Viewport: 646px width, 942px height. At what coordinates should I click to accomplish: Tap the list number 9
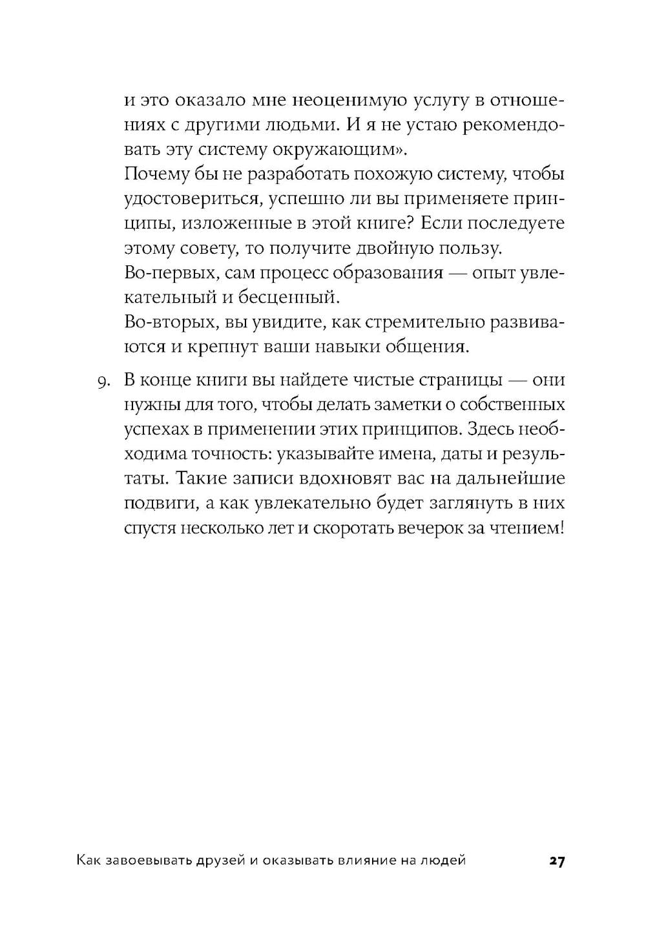tap(103, 382)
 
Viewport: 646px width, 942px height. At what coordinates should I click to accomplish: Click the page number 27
tap(557, 861)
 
